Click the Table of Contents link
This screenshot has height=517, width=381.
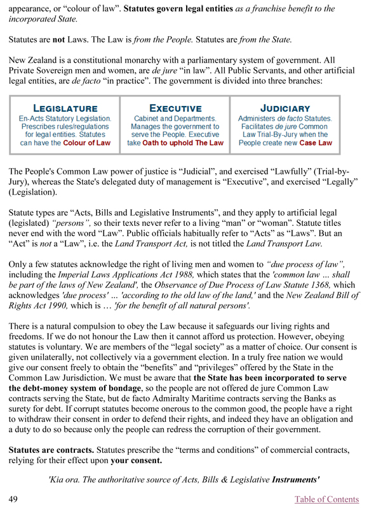tap(327, 499)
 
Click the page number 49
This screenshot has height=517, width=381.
tap(13, 499)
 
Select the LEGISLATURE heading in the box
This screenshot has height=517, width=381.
tap(65, 108)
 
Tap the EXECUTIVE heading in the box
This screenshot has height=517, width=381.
tap(175, 108)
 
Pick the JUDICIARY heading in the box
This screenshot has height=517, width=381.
tap(285, 108)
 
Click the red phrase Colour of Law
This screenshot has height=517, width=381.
tap(86, 143)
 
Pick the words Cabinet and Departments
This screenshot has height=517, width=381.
tap(175, 119)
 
